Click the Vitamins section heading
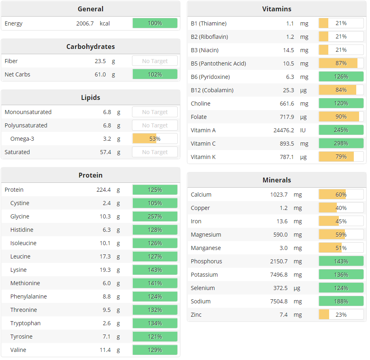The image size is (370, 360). [276, 9]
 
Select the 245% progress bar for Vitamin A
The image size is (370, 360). [341, 130]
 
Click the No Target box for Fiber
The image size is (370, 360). [155, 61]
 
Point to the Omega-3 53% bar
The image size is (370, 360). [155, 139]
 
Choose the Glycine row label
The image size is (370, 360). [20, 216]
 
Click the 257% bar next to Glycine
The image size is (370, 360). [155, 216]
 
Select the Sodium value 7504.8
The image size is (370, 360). [279, 301]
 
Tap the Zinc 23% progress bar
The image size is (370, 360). [341, 315]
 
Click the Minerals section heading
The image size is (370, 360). [276, 180]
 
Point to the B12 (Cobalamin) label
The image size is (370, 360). [212, 90]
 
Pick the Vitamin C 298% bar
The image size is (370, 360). [341, 144]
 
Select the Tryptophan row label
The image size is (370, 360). [26, 323]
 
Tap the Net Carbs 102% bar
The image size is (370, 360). [155, 74]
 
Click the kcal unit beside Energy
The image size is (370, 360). [105, 23]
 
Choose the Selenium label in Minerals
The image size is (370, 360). [203, 288]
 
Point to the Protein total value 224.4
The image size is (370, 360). [104, 190]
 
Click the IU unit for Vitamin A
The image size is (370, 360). [303, 130]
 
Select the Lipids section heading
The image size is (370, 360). [90, 97]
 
